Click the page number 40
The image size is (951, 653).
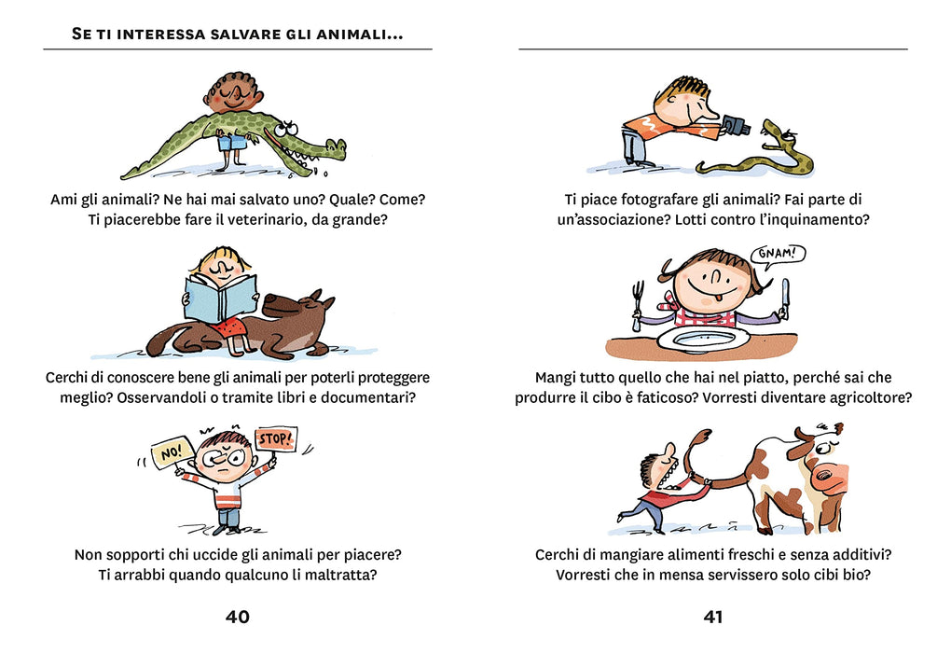click(237, 617)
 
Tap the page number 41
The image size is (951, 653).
click(712, 617)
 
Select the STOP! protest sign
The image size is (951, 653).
click(276, 438)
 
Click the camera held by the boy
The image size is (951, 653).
click(736, 124)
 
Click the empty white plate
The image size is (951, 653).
click(706, 337)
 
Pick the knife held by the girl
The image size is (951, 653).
click(785, 298)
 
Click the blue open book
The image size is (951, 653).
click(219, 298)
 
